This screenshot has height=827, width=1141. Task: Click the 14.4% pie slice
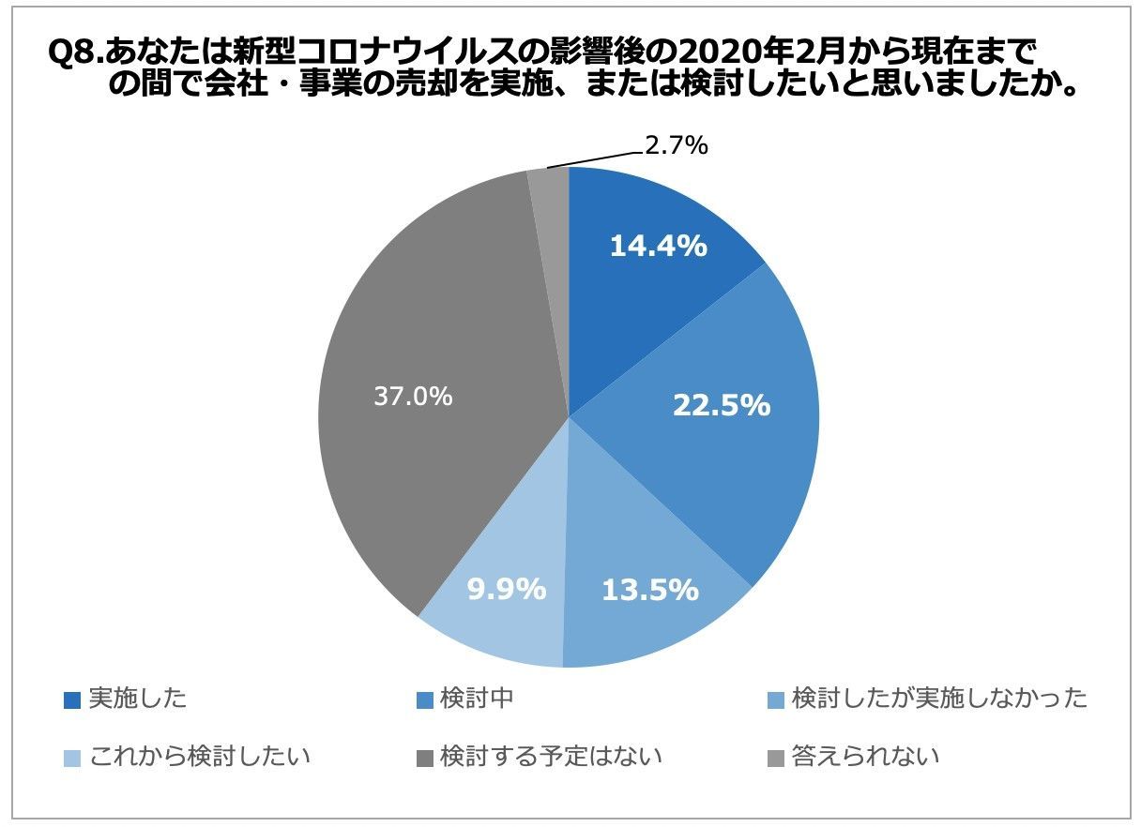pyautogui.click(x=647, y=281)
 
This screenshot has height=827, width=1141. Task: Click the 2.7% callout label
pyautogui.click(x=675, y=145)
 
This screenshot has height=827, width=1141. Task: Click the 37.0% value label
pyautogui.click(x=413, y=397)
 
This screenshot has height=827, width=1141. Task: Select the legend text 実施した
pyautogui.click(x=137, y=699)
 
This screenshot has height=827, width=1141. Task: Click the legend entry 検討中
pyautogui.click(x=478, y=699)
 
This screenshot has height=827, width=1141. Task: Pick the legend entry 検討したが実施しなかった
pyautogui.click(x=939, y=699)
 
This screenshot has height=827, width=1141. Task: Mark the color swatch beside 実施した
pyautogui.click(x=72, y=700)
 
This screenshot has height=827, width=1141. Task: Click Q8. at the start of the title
pyautogui.click(x=74, y=54)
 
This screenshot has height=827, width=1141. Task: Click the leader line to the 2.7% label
pyautogui.click(x=596, y=157)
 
